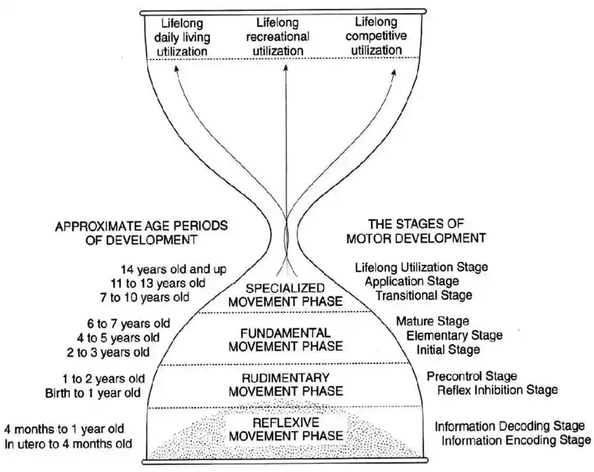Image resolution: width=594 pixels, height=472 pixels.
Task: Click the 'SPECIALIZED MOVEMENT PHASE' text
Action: pyautogui.click(x=286, y=293)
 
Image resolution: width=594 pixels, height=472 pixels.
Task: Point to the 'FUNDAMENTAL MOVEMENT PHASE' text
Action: pyautogui.click(x=286, y=339)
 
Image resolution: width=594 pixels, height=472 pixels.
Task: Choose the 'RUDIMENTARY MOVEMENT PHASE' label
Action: pyautogui.click(x=286, y=385)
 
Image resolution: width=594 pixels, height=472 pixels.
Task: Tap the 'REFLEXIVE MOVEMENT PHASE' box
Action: pyautogui.click(x=286, y=429)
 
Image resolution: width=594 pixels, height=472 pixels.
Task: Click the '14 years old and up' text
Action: pyautogui.click(x=166, y=269)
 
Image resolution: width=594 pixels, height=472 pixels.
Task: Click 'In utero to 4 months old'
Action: pyautogui.click(x=68, y=443)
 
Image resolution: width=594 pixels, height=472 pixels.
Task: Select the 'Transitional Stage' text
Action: pyautogui.click(x=423, y=295)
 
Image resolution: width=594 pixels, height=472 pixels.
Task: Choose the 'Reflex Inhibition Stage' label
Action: pyautogui.click(x=497, y=390)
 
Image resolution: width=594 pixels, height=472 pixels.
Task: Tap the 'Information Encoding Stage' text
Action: pyautogui.click(x=515, y=440)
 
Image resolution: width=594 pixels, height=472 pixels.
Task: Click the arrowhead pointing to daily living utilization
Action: pyautogui.click(x=177, y=68)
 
